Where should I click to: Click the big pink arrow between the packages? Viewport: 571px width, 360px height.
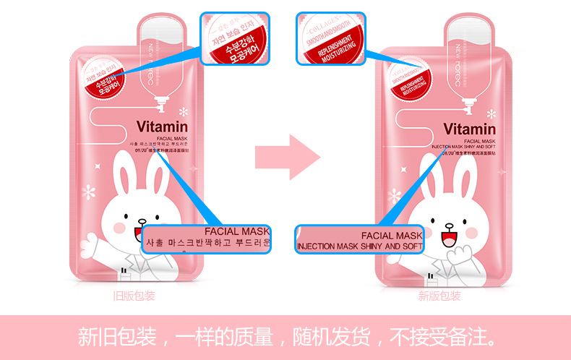click(287, 154)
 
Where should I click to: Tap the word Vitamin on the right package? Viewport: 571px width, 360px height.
click(473, 129)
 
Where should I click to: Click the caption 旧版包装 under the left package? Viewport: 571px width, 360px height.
click(134, 296)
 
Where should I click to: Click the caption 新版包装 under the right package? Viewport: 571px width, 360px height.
click(439, 296)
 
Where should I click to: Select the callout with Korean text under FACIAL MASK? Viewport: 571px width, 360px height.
click(206, 238)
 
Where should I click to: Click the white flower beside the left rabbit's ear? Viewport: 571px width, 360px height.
click(90, 192)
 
